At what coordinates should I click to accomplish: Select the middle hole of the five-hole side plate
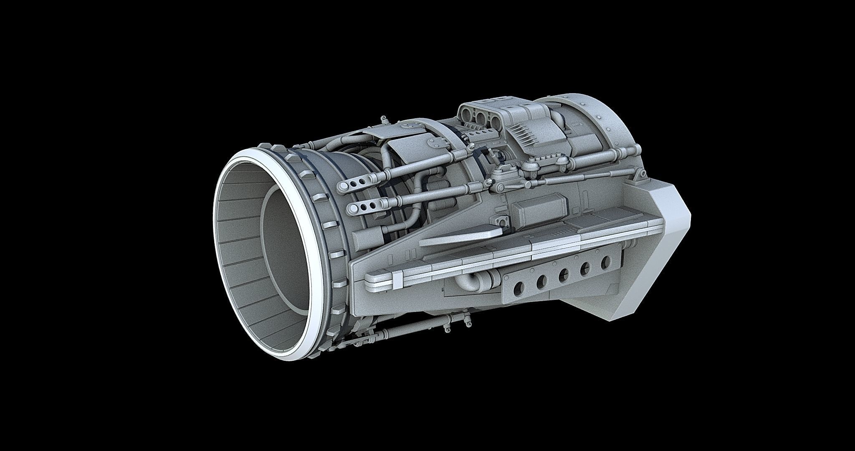coord(564,274)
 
